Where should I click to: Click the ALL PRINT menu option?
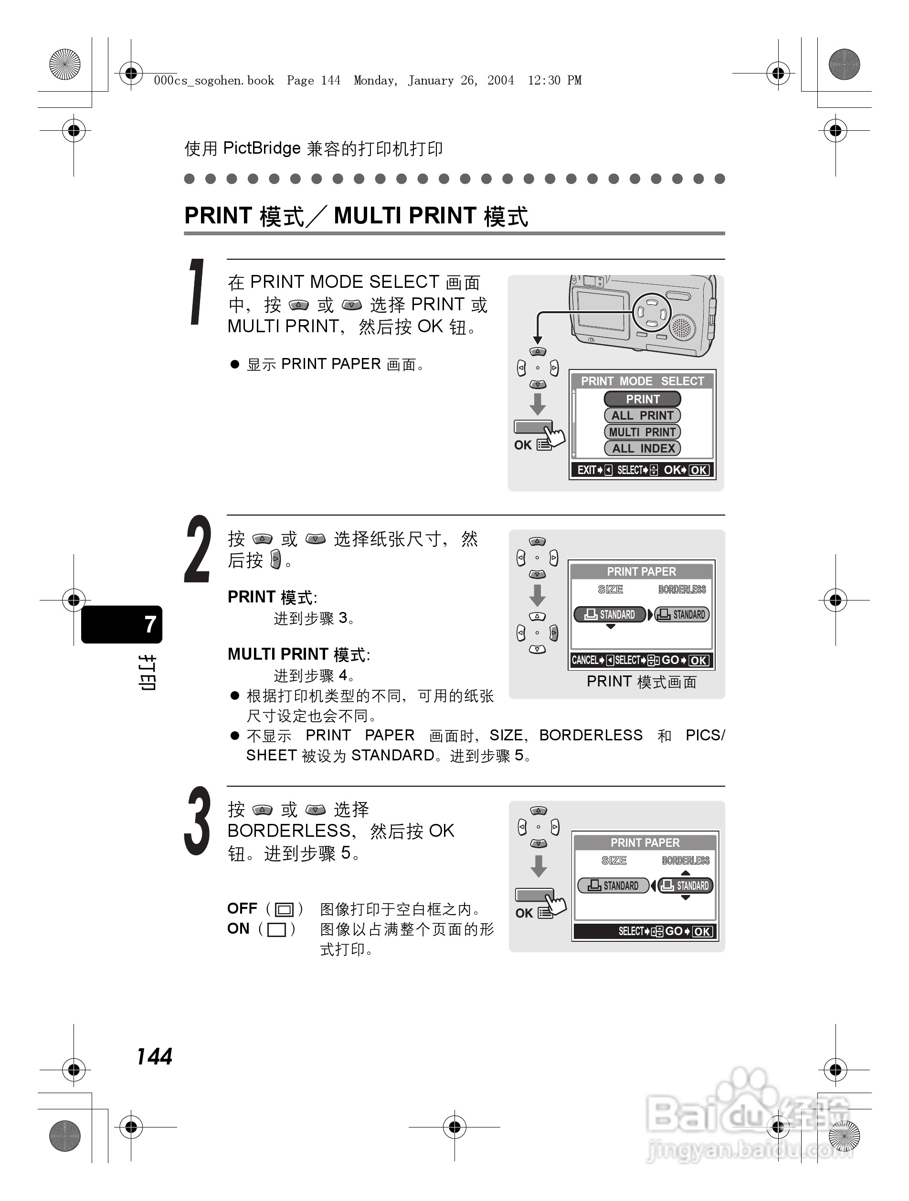tap(643, 415)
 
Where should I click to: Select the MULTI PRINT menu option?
tap(643, 432)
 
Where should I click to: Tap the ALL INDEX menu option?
tap(643, 449)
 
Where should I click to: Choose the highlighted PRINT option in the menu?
tap(643, 399)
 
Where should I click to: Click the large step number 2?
tap(198, 549)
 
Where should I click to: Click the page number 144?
tap(154, 1056)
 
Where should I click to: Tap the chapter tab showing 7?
tap(122, 624)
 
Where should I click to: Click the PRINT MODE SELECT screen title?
tap(643, 381)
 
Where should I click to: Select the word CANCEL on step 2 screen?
tap(585, 660)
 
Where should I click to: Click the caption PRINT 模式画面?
tap(641, 682)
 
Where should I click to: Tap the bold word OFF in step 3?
tap(242, 908)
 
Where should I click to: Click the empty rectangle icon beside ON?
tap(277, 929)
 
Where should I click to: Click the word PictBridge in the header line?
tap(262, 148)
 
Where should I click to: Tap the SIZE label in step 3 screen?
tap(614, 861)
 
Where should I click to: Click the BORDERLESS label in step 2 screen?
tap(682, 590)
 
